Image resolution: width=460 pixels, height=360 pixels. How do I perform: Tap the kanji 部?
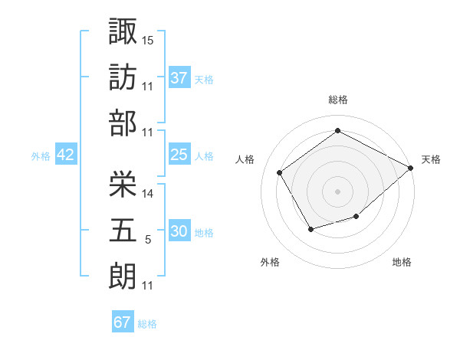click(123, 122)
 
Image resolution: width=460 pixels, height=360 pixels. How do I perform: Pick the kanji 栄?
click(123, 182)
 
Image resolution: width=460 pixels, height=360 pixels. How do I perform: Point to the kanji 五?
click(123, 229)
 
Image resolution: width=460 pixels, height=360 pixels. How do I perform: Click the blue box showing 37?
click(179, 77)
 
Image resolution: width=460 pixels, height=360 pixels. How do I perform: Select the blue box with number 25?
click(179, 155)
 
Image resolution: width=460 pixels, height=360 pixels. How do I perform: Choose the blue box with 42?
click(65, 155)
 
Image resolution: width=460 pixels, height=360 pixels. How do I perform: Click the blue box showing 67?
click(122, 322)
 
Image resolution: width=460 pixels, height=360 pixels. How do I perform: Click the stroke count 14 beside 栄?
click(148, 193)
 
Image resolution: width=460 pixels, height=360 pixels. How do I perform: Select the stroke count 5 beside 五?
click(148, 240)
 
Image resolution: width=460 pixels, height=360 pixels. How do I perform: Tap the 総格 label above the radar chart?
click(337, 100)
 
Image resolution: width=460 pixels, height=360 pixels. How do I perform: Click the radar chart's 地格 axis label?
click(402, 263)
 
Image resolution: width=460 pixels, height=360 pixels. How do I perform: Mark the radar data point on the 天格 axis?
click(411, 168)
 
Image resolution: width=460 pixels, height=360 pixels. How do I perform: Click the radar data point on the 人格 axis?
click(280, 172)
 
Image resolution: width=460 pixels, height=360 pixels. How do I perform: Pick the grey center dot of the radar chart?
click(337, 191)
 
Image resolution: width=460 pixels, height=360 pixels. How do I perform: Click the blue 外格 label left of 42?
click(41, 155)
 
